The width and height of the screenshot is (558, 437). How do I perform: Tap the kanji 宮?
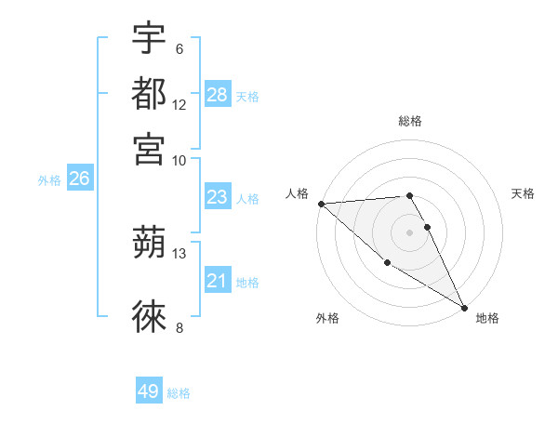point(150,149)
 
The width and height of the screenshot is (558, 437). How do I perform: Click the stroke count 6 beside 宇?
point(179,49)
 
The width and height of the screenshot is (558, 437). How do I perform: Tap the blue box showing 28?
point(218,95)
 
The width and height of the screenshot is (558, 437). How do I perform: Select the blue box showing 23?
point(218,197)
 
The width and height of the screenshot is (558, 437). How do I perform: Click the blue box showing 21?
point(218,281)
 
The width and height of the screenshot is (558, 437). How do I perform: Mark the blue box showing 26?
point(79,179)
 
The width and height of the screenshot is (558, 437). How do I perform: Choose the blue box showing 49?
point(149,391)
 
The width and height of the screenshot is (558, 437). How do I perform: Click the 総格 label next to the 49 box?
point(179,393)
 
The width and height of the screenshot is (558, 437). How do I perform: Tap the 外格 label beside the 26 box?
point(49,180)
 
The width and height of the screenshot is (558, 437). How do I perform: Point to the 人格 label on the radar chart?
point(298,193)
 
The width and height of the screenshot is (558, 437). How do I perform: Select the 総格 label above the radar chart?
point(410,121)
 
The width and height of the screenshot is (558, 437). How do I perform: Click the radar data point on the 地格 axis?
point(463,307)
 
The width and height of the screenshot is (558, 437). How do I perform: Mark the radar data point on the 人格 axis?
point(321,204)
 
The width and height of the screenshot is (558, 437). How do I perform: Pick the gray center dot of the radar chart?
point(410,232)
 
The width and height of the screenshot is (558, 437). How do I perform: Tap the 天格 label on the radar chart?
point(523,193)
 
